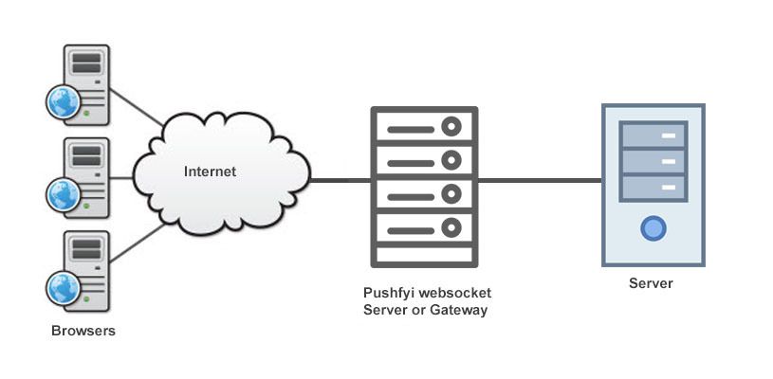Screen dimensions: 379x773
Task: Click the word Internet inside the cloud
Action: click(209, 171)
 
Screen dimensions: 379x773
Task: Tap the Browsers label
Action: click(83, 332)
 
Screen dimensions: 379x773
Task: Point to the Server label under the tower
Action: click(651, 283)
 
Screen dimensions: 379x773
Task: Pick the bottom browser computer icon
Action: click(80, 269)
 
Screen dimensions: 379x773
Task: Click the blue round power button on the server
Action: click(653, 227)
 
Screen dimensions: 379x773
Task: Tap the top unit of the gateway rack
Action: click(423, 125)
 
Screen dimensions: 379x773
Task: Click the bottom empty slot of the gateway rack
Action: click(423, 255)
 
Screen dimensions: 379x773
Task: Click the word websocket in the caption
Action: click(453, 293)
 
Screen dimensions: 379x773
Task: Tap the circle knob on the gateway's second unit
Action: click(451, 158)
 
